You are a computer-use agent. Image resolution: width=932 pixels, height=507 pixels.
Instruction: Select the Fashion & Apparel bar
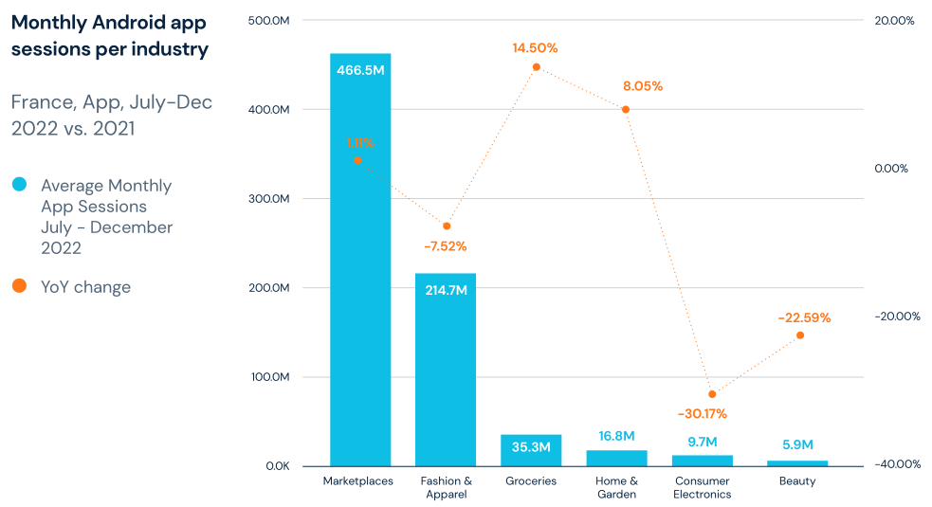446,379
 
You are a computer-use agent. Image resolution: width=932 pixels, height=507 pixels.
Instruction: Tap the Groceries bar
531,450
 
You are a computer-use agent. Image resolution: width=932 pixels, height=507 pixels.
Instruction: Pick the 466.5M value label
360,70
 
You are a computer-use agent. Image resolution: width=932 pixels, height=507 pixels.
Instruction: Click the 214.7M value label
446,290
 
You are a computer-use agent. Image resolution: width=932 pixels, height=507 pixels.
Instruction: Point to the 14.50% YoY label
536,47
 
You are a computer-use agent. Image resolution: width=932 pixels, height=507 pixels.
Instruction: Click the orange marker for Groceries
536,67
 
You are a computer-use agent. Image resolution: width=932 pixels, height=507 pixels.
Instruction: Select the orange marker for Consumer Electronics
712,393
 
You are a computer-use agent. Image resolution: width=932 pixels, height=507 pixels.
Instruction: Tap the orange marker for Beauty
800,335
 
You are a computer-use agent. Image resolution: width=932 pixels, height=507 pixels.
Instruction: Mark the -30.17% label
702,413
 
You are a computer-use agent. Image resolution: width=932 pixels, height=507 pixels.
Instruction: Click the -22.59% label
804,317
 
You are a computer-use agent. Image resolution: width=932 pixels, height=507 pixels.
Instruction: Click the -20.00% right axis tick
896,317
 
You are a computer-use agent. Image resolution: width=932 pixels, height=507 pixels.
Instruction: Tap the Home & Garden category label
616,487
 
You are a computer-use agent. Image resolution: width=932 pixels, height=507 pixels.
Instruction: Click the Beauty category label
797,481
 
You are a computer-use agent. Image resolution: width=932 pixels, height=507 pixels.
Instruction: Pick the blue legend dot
20,184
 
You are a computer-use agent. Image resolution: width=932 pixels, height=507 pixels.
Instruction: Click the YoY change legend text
85,286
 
